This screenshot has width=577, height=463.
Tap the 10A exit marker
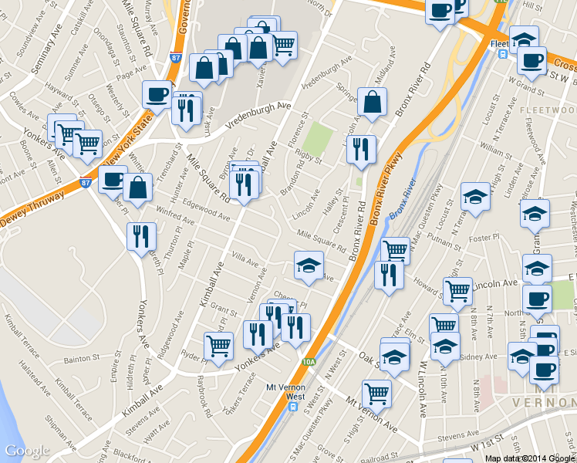(x=309, y=360)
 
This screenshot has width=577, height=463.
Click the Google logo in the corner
(x=27, y=451)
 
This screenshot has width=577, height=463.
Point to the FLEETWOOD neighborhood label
(x=547, y=110)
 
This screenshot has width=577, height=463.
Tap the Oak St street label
(x=368, y=357)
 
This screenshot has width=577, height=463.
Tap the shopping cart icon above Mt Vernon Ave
(x=376, y=392)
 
